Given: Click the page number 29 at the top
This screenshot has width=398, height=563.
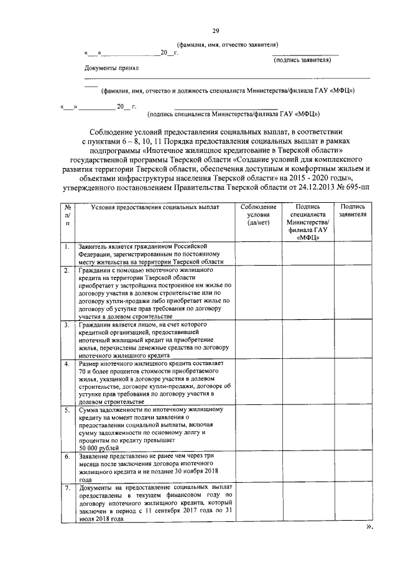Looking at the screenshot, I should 215,30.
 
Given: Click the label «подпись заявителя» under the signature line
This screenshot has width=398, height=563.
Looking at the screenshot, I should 302,60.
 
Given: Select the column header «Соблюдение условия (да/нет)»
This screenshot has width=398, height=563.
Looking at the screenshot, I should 257,214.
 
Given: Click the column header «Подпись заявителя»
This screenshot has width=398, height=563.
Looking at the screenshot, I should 353,210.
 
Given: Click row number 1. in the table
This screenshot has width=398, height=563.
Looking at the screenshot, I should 65,248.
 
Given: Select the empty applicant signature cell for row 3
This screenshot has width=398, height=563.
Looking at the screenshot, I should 353,340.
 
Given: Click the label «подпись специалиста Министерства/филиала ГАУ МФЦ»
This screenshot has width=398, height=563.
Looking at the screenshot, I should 233,114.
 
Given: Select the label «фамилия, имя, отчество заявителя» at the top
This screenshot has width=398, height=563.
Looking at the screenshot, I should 231,45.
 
